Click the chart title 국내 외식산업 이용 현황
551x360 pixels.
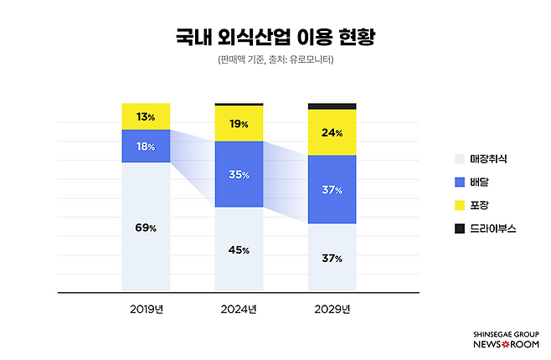click(275, 36)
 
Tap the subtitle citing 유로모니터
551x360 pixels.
click(275, 60)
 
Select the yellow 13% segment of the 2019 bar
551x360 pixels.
click(146, 116)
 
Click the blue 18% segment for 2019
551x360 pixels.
click(146, 146)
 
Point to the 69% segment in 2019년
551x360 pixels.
click(146, 228)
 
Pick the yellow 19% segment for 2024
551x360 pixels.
click(239, 124)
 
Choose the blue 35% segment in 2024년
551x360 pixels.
click(239, 174)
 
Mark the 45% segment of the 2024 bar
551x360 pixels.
click(239, 250)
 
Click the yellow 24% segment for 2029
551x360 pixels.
click(332, 132)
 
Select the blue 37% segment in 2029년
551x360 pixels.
click(332, 190)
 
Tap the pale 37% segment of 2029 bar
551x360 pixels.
click(332, 259)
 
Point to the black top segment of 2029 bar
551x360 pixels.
click(332, 106)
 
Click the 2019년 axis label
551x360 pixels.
click(146, 309)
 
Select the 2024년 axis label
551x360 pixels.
click(239, 309)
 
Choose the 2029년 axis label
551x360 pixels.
click(332, 309)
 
